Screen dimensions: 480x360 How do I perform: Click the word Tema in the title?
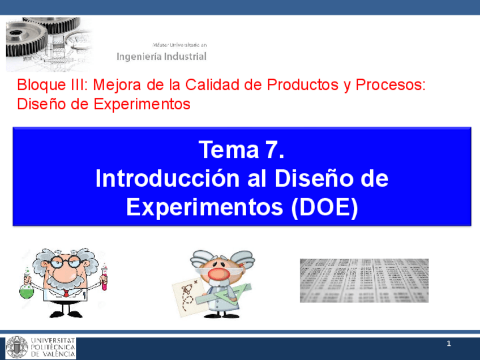click(229, 149)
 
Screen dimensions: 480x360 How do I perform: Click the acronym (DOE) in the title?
click(324, 208)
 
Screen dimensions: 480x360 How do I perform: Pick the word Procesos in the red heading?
click(391, 84)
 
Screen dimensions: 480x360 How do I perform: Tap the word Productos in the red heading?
click(303, 84)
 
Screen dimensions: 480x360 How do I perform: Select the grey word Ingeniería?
click(139, 57)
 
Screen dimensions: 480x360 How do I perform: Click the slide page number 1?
click(449, 344)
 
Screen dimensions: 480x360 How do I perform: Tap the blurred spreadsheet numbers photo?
click(364, 280)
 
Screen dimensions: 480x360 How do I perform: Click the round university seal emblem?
click(17, 348)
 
